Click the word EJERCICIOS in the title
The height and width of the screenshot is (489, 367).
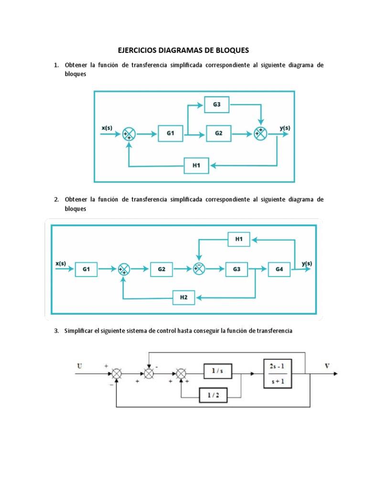[140, 50]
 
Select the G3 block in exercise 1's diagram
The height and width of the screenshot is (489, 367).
[217, 105]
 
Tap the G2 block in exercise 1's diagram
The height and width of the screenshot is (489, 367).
[218, 134]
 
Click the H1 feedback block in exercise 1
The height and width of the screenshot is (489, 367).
[196, 166]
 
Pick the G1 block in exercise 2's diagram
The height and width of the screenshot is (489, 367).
[86, 269]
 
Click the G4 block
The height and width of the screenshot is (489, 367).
[279, 269]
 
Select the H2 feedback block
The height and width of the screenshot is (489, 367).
[184, 298]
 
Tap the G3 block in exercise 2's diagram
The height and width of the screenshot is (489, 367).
[237, 269]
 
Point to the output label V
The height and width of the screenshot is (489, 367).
[327, 366]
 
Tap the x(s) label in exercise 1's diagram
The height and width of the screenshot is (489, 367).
[107, 128]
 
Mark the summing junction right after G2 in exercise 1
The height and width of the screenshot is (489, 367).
[260, 134]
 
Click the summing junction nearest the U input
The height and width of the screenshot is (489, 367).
[116, 374]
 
